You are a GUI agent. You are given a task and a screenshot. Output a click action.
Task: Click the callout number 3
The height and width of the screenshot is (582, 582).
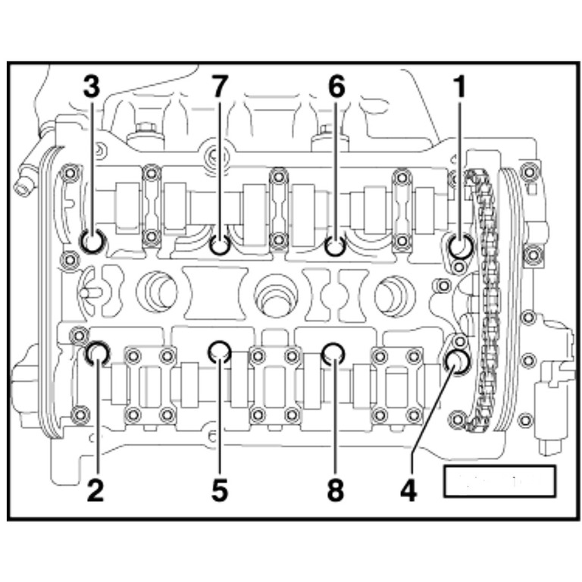tap(91, 88)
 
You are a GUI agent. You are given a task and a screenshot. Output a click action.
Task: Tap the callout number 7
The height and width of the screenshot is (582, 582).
tap(219, 88)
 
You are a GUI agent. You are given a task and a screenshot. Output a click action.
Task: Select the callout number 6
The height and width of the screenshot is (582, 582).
tap(336, 88)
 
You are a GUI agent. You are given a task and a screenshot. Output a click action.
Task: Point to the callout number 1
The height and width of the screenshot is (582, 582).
tap(458, 88)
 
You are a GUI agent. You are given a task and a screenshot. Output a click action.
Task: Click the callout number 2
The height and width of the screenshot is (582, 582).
tap(95, 490)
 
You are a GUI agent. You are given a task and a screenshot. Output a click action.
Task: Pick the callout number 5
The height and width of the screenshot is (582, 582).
tap(219, 490)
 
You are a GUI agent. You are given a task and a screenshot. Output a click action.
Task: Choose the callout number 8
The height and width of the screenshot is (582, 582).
tap(335, 490)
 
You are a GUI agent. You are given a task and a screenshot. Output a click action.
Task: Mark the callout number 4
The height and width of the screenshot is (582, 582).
tap(408, 490)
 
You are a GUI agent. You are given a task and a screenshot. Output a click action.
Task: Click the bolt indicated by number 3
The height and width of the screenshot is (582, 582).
tap(93, 242)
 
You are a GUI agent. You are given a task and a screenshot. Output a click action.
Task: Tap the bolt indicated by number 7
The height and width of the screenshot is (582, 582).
tap(220, 246)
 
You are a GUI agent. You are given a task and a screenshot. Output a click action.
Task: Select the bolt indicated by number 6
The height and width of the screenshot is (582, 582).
tap(335, 246)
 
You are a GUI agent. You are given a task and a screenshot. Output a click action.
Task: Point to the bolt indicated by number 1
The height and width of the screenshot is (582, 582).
tap(459, 246)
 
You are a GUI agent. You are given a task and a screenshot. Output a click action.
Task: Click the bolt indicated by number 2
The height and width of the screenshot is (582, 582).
tap(98, 352)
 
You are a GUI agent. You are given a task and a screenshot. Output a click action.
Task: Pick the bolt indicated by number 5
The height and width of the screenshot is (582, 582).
tap(220, 351)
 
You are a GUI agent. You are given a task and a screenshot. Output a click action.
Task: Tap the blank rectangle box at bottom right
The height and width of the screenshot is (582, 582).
tap(499, 480)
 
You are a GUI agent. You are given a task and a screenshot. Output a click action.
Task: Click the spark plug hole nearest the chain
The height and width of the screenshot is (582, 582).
tap(394, 291)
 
